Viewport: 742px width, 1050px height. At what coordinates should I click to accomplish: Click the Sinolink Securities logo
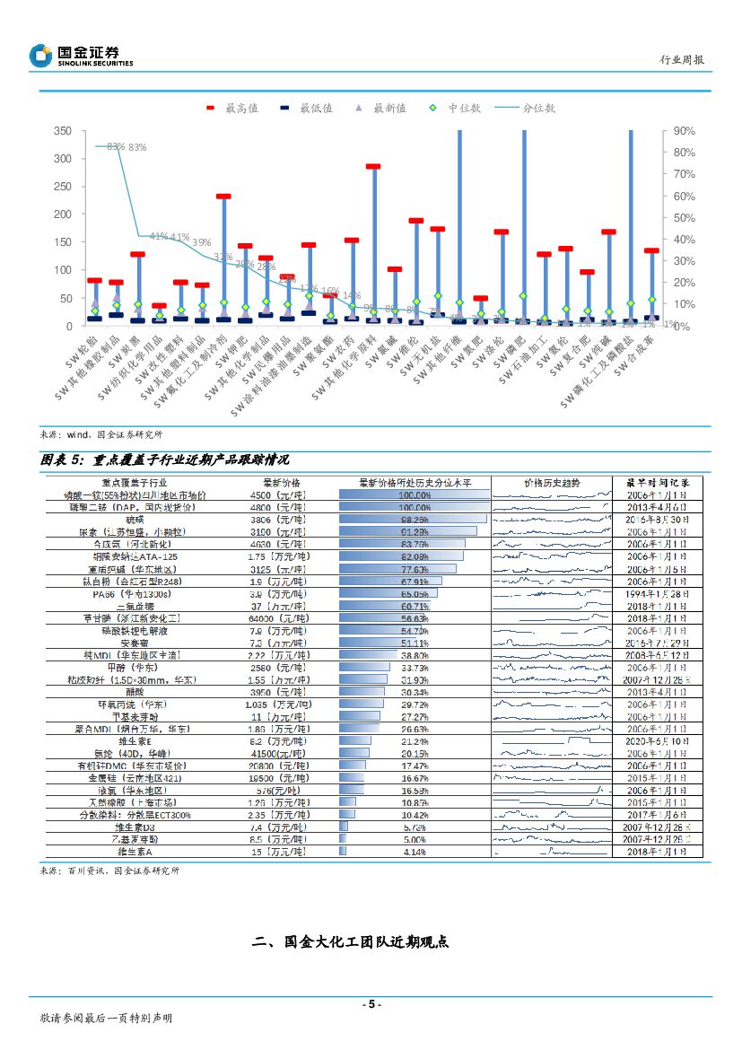tap(81, 56)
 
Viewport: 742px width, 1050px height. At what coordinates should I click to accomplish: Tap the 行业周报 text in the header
tap(682, 60)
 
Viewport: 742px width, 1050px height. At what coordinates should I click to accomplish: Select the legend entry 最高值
tap(233, 108)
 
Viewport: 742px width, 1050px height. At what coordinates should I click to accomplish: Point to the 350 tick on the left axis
tap(63, 131)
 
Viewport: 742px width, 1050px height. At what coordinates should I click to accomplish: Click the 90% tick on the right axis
tap(685, 131)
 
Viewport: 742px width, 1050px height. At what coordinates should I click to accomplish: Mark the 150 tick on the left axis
tap(63, 242)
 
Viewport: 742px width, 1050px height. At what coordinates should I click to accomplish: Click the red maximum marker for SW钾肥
tap(245, 245)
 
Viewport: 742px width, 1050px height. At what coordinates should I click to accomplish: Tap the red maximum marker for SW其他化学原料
tap(372, 167)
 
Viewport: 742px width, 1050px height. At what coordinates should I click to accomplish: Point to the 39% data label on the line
tap(201, 242)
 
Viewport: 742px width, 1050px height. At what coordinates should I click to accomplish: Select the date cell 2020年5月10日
tap(657, 741)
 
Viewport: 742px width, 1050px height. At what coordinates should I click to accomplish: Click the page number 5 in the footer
tap(371, 1004)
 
